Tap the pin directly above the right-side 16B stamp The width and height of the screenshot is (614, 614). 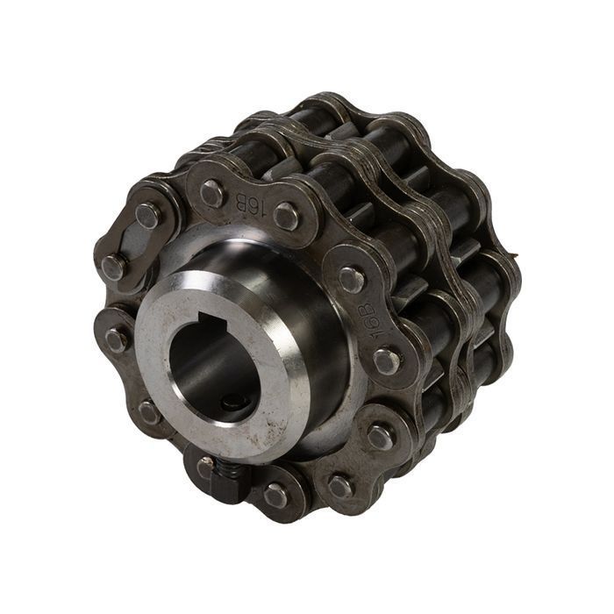pyautogui.click(x=352, y=279)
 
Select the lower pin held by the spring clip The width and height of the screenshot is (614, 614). pyautogui.click(x=112, y=267)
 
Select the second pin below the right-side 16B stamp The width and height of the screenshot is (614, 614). pyautogui.click(x=379, y=436)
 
